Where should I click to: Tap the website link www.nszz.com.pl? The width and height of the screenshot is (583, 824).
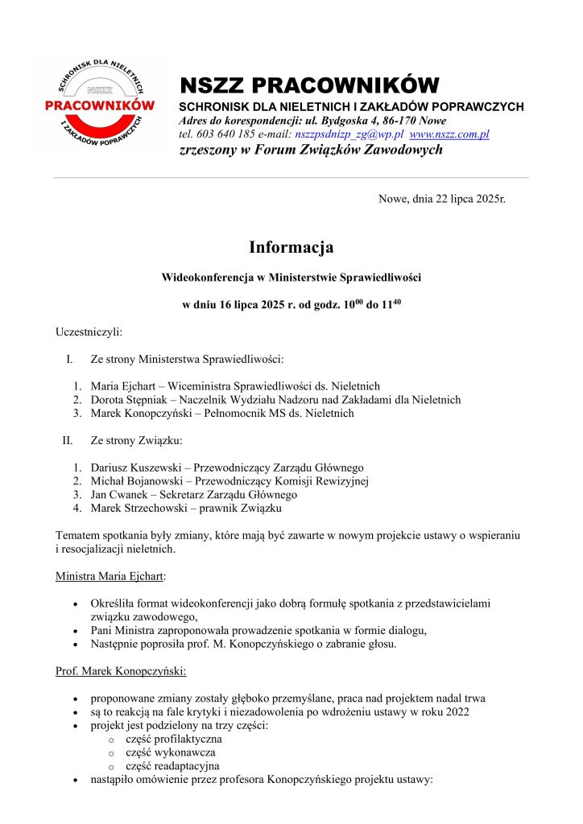[449, 134]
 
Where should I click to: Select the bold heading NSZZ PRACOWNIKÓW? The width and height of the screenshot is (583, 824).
[309, 85]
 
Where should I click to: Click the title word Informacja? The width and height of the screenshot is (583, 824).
[291, 247]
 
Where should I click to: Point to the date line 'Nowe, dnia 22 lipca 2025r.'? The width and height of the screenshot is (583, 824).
[442, 198]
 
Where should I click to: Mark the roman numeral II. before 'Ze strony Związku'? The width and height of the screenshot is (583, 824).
[68, 440]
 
